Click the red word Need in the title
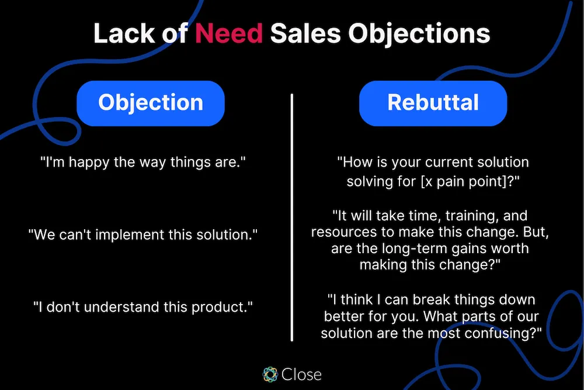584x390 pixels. pyautogui.click(x=229, y=34)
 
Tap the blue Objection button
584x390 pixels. pyautogui.click(x=151, y=103)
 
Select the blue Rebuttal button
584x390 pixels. pyautogui.click(x=433, y=103)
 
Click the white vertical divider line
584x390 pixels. pyautogui.click(x=291, y=216)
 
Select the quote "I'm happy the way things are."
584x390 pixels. pyautogui.click(x=144, y=162)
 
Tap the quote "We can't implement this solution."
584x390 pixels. pyautogui.click(x=144, y=234)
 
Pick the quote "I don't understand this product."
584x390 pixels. pyautogui.click(x=144, y=306)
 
